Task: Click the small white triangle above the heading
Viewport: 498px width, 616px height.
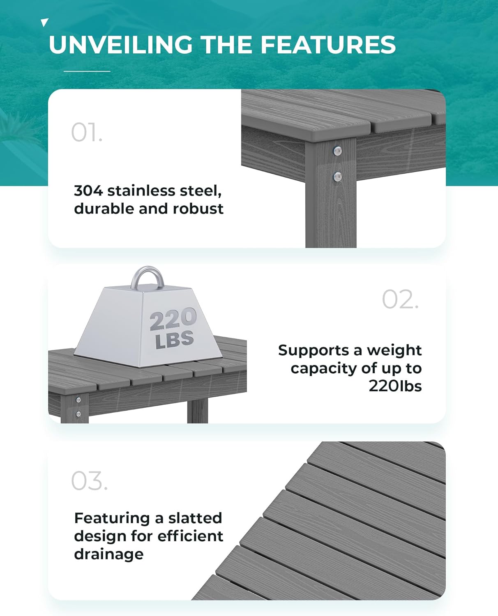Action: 45,23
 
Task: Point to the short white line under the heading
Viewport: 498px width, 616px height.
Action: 87,71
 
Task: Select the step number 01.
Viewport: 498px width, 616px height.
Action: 86,133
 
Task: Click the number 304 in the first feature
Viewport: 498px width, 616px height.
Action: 88,191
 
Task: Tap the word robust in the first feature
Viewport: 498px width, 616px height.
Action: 198,209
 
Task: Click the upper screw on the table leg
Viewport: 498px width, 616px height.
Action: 337,151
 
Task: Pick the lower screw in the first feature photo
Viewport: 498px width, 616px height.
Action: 337,177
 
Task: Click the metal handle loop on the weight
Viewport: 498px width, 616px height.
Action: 148,276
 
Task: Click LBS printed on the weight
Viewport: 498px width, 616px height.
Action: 175,340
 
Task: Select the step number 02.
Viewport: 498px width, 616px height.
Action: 400,299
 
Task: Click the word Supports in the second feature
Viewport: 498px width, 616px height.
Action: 314,350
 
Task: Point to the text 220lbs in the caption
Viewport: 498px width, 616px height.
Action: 395,386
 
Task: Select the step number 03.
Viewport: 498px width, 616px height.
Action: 89,481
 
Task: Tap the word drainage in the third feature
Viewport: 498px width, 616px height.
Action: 109,554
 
